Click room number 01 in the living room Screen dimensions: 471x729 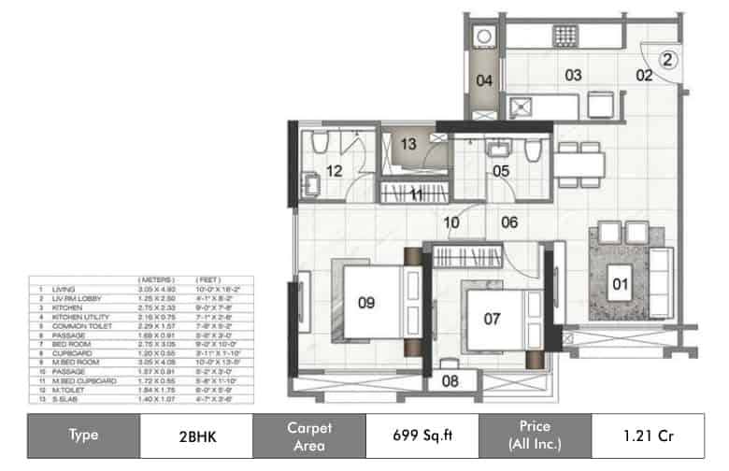617,282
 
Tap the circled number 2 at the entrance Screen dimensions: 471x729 667,59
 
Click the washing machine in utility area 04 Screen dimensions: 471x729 483,36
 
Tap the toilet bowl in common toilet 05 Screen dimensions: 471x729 533,150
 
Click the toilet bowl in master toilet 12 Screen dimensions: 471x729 319,142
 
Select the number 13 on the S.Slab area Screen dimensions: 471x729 408,145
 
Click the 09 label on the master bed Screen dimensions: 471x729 366,302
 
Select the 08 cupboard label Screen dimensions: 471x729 449,381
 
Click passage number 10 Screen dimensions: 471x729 452,222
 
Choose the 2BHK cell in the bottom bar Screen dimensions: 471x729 196,435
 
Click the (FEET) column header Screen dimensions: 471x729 207,280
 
